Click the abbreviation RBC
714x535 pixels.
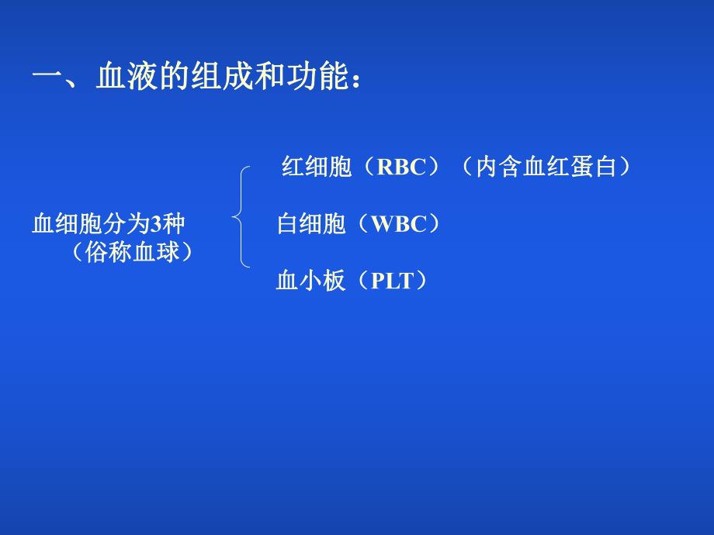pos(402,167)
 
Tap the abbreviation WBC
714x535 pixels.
pos(399,225)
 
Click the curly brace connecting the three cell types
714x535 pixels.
pos(241,217)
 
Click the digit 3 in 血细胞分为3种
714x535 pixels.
pos(155,225)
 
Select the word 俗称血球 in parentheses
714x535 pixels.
pos(131,252)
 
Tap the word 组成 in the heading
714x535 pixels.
pos(221,78)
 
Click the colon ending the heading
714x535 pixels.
pos(355,81)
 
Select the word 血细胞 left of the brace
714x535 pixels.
pos(68,225)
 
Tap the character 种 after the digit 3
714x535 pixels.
pos(174,225)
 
